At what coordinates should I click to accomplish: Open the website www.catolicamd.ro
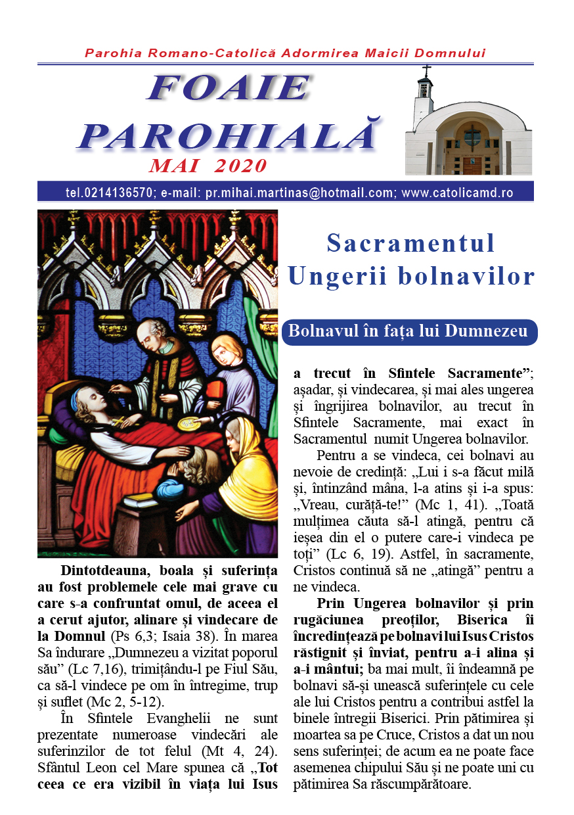pyautogui.click(x=457, y=193)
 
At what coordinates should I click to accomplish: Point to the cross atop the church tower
pyautogui.click(x=427, y=70)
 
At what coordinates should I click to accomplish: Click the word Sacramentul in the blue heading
pyautogui.click(x=410, y=244)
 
